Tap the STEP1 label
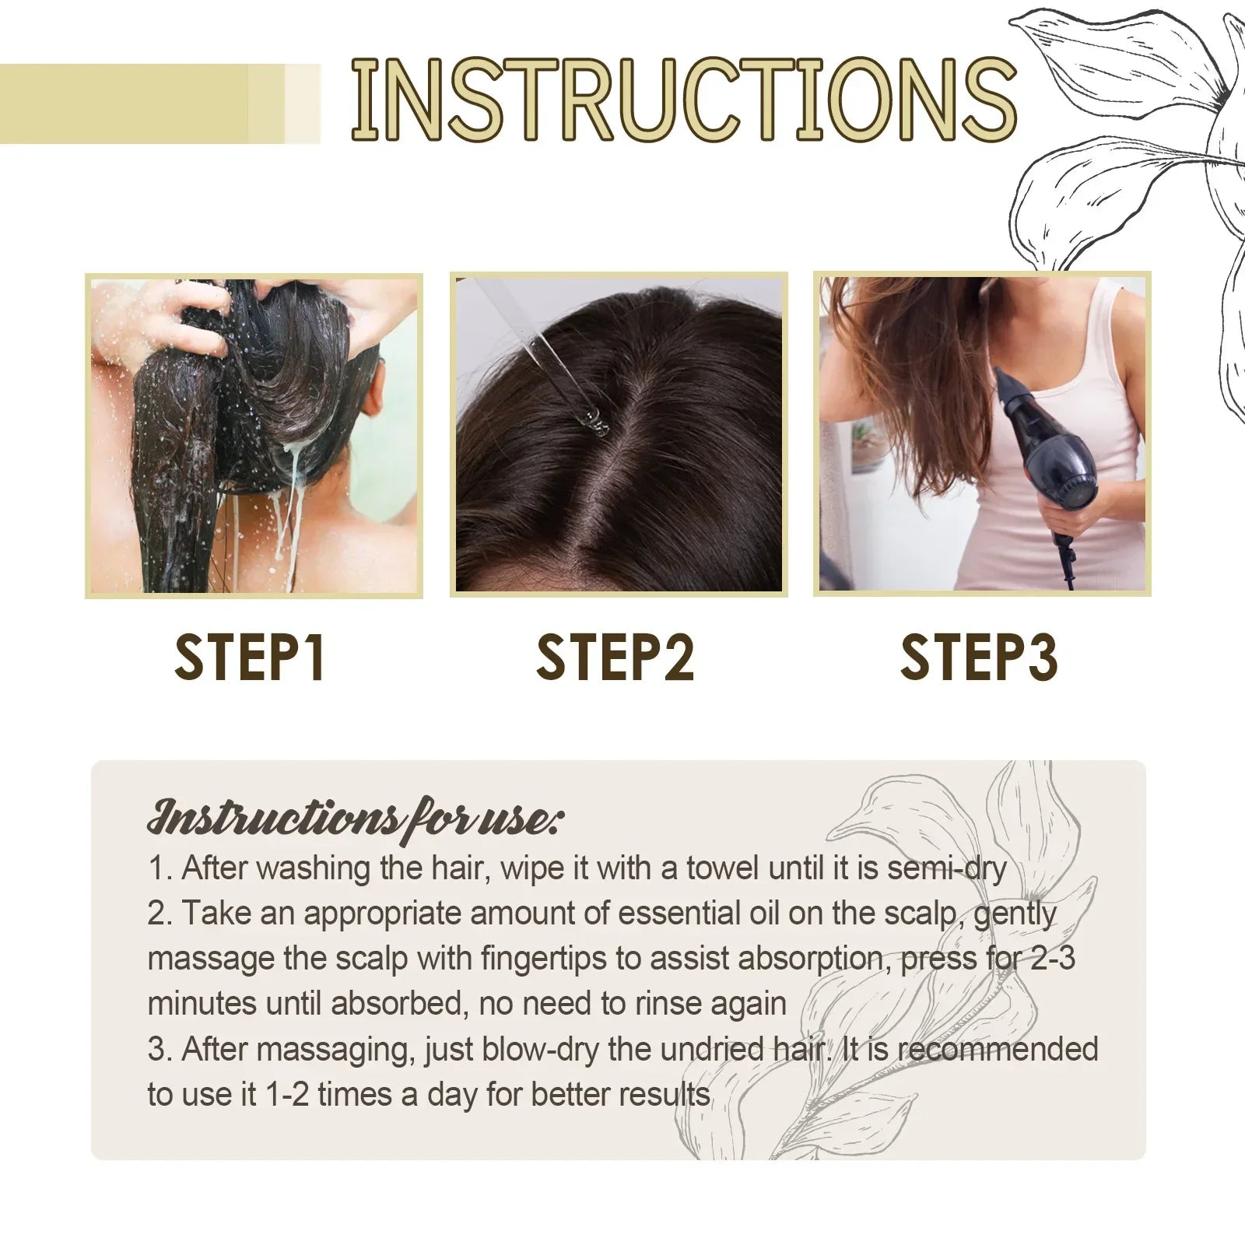pyautogui.click(x=250, y=658)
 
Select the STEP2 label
pyautogui.click(x=615, y=658)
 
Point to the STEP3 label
pyautogui.click(x=979, y=658)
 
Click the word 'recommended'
pyautogui.click(x=998, y=1050)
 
